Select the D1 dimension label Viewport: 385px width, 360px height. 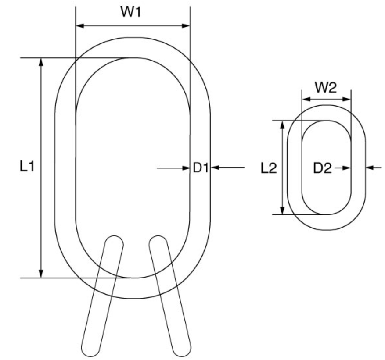(200, 168)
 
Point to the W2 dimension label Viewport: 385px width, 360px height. (326, 88)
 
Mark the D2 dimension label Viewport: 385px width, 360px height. (322, 168)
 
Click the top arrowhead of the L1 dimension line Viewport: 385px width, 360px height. (41, 62)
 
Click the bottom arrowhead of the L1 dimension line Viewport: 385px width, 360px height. (41, 273)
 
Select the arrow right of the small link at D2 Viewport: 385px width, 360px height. (370, 167)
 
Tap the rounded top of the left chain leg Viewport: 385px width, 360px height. (114, 240)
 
